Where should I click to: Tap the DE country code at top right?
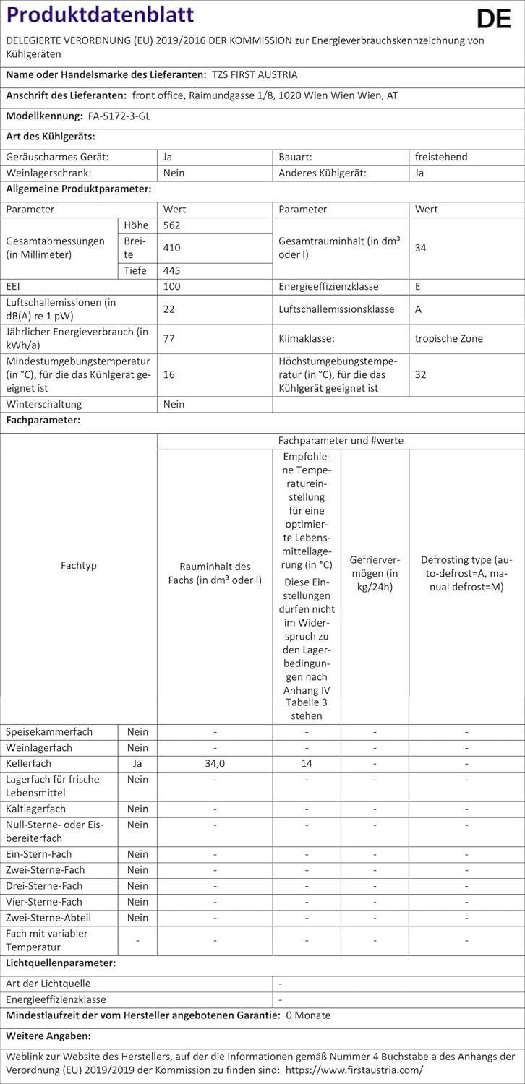coord(494,20)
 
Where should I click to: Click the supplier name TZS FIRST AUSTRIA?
coord(255,74)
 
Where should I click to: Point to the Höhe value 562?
coord(171,225)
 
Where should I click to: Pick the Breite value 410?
coord(171,248)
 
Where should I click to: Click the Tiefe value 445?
coord(171,270)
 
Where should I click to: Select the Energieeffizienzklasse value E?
coord(418,286)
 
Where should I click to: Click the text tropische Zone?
coord(448,337)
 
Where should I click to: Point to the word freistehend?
coord(441,156)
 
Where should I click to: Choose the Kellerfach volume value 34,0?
coord(215,763)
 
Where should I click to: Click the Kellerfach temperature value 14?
coord(307,763)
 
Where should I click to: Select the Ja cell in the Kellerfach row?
coord(137,763)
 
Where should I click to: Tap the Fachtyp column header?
coord(79,565)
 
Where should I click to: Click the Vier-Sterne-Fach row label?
coord(44,902)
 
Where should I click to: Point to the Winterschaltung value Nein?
coord(174,404)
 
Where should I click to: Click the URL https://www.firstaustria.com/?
coord(354,1070)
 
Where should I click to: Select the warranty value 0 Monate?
coord(308,1015)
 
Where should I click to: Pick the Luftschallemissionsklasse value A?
coord(418,309)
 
